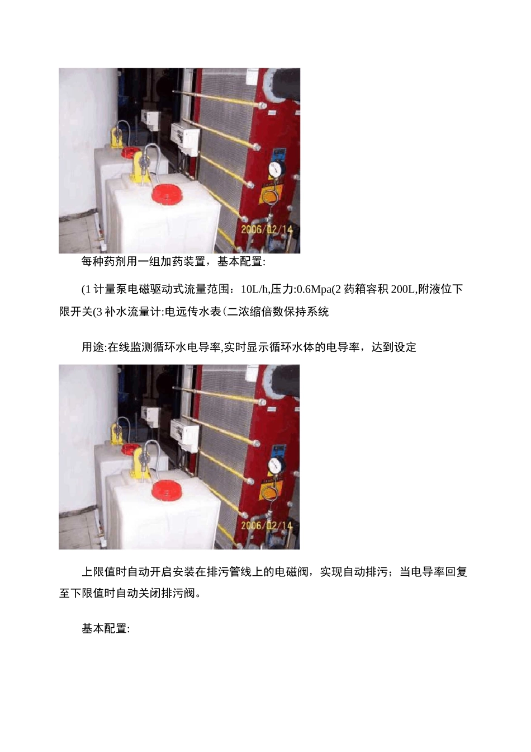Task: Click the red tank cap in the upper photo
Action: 166,194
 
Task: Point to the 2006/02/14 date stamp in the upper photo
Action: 267,229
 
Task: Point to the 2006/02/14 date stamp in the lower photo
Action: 267,525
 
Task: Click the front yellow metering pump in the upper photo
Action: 140,164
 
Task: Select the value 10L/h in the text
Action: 255,289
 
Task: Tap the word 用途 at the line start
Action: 93,347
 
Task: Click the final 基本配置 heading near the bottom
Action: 105,629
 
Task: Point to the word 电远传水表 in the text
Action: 193,312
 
